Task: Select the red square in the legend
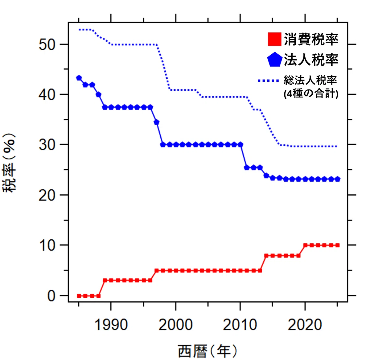(x=274, y=39)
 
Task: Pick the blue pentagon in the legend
(x=275, y=60)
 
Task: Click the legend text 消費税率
(x=311, y=39)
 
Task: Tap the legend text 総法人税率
(x=310, y=80)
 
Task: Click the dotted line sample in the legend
(x=268, y=81)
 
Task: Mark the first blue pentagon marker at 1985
(x=79, y=78)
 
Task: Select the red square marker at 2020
(x=305, y=245)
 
